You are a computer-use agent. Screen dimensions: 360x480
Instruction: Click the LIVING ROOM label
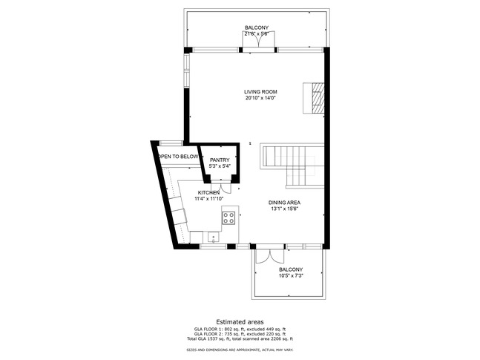pyautogui.click(x=260, y=92)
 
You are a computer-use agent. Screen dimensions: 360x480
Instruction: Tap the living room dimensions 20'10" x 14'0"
pyautogui.click(x=260, y=98)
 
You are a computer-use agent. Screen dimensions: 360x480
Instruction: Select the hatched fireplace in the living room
pyautogui.click(x=317, y=96)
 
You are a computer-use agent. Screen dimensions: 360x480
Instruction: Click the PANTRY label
pyautogui.click(x=220, y=160)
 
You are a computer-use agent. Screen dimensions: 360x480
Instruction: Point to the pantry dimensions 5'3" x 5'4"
pyautogui.click(x=220, y=166)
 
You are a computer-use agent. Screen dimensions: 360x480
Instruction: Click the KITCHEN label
pyautogui.click(x=208, y=193)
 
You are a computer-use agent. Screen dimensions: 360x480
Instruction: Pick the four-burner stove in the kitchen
pyautogui.click(x=229, y=217)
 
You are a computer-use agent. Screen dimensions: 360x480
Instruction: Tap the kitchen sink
pyautogui.click(x=213, y=238)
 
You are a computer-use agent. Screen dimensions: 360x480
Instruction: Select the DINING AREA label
pyautogui.click(x=284, y=203)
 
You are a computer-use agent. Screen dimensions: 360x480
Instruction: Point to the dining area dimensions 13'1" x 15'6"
pyautogui.click(x=284, y=209)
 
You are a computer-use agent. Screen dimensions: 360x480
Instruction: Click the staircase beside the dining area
pyautogui.click(x=294, y=165)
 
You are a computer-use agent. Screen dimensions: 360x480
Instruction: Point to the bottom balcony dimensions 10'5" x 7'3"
pyautogui.click(x=291, y=275)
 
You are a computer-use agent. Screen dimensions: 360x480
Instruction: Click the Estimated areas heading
pyautogui.click(x=240, y=321)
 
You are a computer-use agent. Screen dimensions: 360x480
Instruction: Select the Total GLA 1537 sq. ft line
pyautogui.click(x=240, y=338)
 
